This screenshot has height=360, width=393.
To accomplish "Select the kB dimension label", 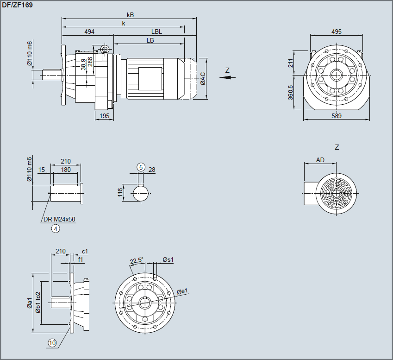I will (x=130, y=15).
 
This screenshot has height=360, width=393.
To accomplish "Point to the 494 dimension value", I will (x=89, y=32).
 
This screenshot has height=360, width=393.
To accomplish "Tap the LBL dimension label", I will (x=156, y=32).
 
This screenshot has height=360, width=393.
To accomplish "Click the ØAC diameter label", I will (x=203, y=78).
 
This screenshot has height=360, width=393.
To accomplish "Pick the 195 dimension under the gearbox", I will (x=105, y=116).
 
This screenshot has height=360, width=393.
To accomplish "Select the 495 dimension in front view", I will (x=337, y=32).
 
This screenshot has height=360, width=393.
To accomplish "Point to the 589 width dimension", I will (x=337, y=116).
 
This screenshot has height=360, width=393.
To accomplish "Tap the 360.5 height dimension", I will (x=291, y=93).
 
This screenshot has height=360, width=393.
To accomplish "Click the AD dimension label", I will (x=320, y=160).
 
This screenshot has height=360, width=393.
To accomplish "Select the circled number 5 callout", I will (x=141, y=167).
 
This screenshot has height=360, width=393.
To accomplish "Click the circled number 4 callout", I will (x=56, y=228).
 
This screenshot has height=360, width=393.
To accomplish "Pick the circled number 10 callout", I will (x=52, y=343).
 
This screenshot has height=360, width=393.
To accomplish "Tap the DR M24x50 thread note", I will (x=59, y=219).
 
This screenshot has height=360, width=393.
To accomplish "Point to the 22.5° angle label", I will (x=137, y=261).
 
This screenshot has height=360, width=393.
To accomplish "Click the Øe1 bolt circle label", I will (x=182, y=291).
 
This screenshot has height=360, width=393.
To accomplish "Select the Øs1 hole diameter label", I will (x=168, y=260).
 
